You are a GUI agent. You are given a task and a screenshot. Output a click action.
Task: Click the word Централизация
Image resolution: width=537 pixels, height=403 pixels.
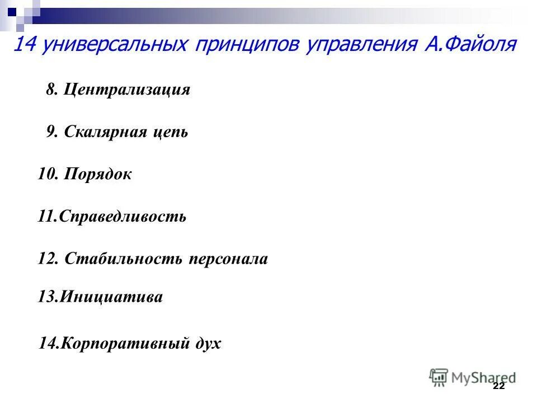127,90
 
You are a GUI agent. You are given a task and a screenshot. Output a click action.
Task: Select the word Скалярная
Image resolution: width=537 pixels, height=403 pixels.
105,132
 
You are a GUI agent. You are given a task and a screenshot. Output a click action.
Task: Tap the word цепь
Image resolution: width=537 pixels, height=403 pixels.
169,133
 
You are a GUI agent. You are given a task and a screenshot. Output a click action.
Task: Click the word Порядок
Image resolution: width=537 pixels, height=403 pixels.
98,174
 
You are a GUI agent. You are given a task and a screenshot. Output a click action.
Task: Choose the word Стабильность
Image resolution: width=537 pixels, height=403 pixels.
124,259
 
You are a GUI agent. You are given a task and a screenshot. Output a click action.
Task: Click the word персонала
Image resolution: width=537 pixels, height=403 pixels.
228,259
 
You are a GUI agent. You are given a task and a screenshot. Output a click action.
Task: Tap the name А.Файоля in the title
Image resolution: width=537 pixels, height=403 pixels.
468,44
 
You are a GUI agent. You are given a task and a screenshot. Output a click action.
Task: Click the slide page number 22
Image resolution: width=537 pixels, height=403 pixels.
499,387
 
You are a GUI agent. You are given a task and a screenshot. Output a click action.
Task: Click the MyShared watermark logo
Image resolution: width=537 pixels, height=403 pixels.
473,377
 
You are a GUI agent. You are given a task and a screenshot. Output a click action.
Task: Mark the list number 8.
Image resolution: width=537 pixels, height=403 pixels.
52,90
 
